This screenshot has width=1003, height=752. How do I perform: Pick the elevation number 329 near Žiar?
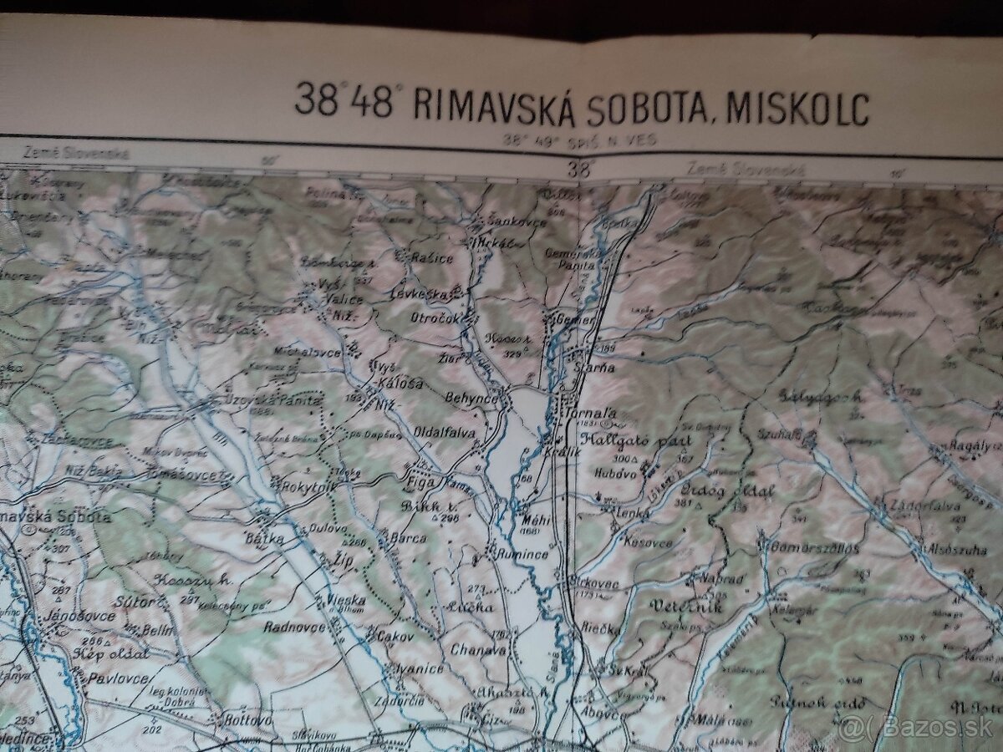(512, 353)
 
